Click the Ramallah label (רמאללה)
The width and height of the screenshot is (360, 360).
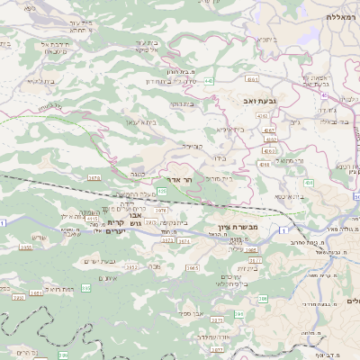pyautogui.click(x=342, y=17)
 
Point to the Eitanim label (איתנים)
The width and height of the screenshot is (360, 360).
pyautogui.click(x=107, y=278)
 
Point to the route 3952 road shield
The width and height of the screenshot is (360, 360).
pyautogui.click(x=131, y=267)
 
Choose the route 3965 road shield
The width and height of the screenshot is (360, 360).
pyautogui.click(x=192, y=267)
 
